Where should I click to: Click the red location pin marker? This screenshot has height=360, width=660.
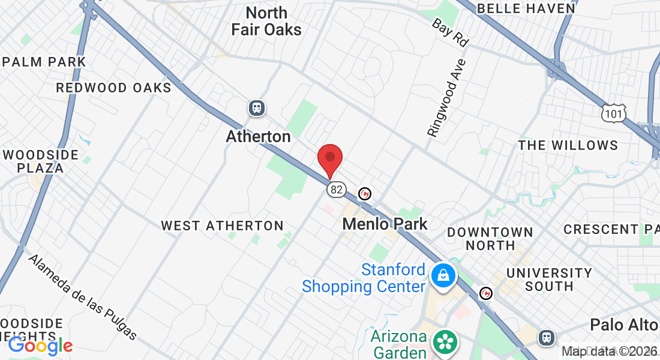329,160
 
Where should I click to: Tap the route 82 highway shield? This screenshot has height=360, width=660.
337,190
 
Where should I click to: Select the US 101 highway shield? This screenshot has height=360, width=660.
614,113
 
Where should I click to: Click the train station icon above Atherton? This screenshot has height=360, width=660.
257,108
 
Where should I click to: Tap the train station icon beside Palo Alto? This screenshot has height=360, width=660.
546,337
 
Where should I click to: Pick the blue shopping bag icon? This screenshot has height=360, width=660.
443,275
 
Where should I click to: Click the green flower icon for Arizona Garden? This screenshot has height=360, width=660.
445,343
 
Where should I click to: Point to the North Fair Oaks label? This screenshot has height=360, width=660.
266,21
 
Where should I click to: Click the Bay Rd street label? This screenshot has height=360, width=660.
450,32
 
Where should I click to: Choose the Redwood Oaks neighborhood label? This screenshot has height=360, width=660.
113,88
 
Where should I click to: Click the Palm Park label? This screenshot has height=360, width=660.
44,62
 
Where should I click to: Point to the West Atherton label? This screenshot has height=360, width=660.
222,226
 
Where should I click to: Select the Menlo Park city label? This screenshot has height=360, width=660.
385,224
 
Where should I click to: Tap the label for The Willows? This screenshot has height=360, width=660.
568,145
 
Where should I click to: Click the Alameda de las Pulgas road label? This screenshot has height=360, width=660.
83,297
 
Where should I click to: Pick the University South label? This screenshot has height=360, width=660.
549,279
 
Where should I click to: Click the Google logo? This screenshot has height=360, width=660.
40,345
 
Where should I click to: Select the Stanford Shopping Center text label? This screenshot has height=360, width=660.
364,278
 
